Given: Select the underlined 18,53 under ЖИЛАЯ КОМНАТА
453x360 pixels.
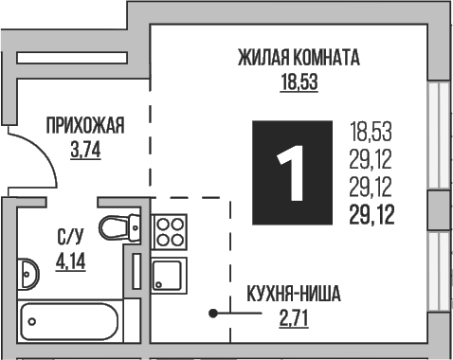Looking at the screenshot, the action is (x=299, y=81).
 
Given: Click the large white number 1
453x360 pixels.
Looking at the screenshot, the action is (x=293, y=173).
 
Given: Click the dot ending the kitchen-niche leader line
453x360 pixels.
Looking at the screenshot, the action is (x=213, y=313).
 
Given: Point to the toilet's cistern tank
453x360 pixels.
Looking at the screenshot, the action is (x=136, y=227).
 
